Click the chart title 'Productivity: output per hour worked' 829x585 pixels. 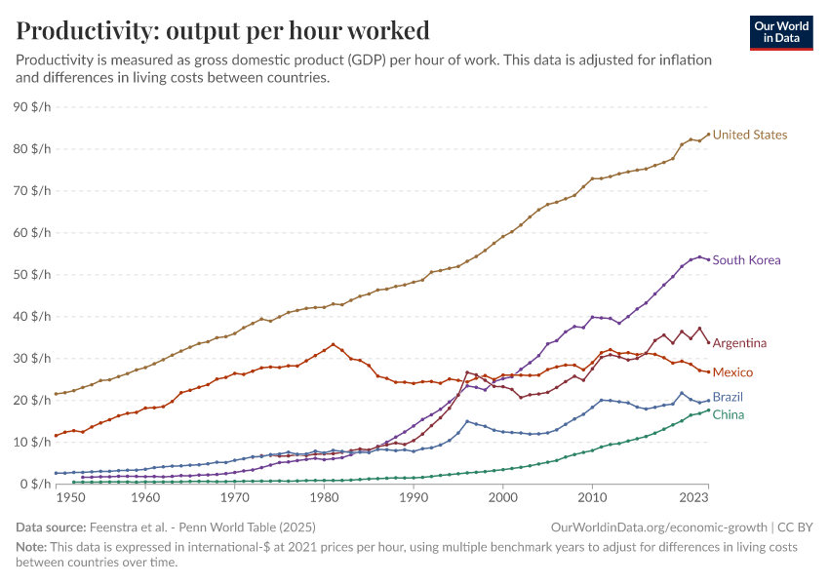223,29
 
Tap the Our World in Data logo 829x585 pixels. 780,32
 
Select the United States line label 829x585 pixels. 749,135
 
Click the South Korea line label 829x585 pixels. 746,260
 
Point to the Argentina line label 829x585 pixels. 739,343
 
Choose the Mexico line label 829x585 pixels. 732,372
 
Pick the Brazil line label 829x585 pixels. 729,398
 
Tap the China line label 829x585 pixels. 729,414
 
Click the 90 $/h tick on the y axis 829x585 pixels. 34,107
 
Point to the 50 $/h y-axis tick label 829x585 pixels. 34,275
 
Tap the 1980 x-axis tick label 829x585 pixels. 324,498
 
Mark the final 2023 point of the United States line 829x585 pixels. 708,135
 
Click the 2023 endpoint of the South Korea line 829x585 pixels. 708,259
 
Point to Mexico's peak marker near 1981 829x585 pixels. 334,344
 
